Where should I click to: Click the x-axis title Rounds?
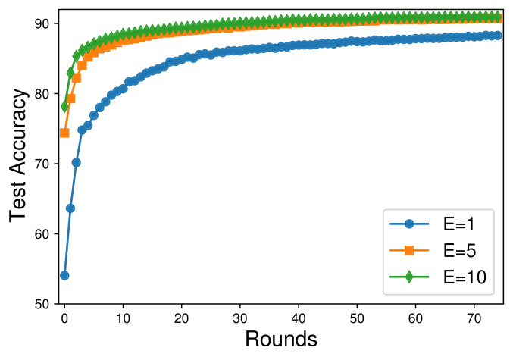280,338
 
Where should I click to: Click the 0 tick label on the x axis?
64,318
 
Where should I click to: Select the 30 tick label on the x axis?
240,318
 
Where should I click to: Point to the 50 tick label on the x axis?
358,318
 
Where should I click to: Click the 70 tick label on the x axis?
474,318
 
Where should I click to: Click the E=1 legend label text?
459,224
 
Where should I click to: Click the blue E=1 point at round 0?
64,275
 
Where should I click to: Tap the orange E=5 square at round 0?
64,133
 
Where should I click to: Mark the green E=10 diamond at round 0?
64,107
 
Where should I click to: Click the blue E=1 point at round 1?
70,208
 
